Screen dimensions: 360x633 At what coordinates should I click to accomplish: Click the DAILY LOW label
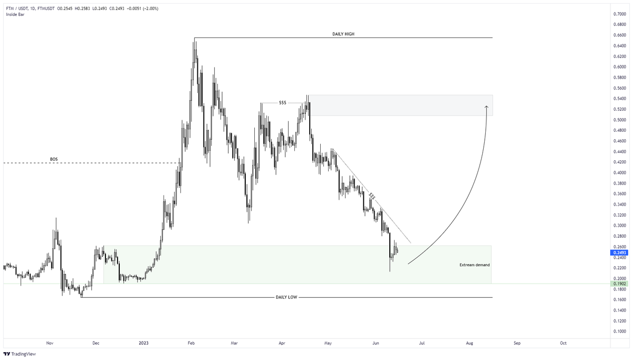coord(286,297)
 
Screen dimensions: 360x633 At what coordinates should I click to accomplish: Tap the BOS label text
coord(53,159)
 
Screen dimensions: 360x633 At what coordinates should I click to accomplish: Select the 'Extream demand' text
coord(473,264)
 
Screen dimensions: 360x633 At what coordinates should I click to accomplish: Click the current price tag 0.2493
coord(619,252)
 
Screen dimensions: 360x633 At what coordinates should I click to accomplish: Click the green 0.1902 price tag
coord(619,284)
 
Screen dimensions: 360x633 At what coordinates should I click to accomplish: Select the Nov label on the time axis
coord(50,343)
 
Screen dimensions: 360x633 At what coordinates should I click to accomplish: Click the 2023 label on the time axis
coord(144,343)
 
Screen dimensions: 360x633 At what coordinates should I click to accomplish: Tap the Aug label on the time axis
coord(469,343)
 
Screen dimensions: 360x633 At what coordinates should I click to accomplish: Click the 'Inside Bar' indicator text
coord(15,14)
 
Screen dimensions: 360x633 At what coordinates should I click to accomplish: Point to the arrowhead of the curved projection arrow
coord(486,107)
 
